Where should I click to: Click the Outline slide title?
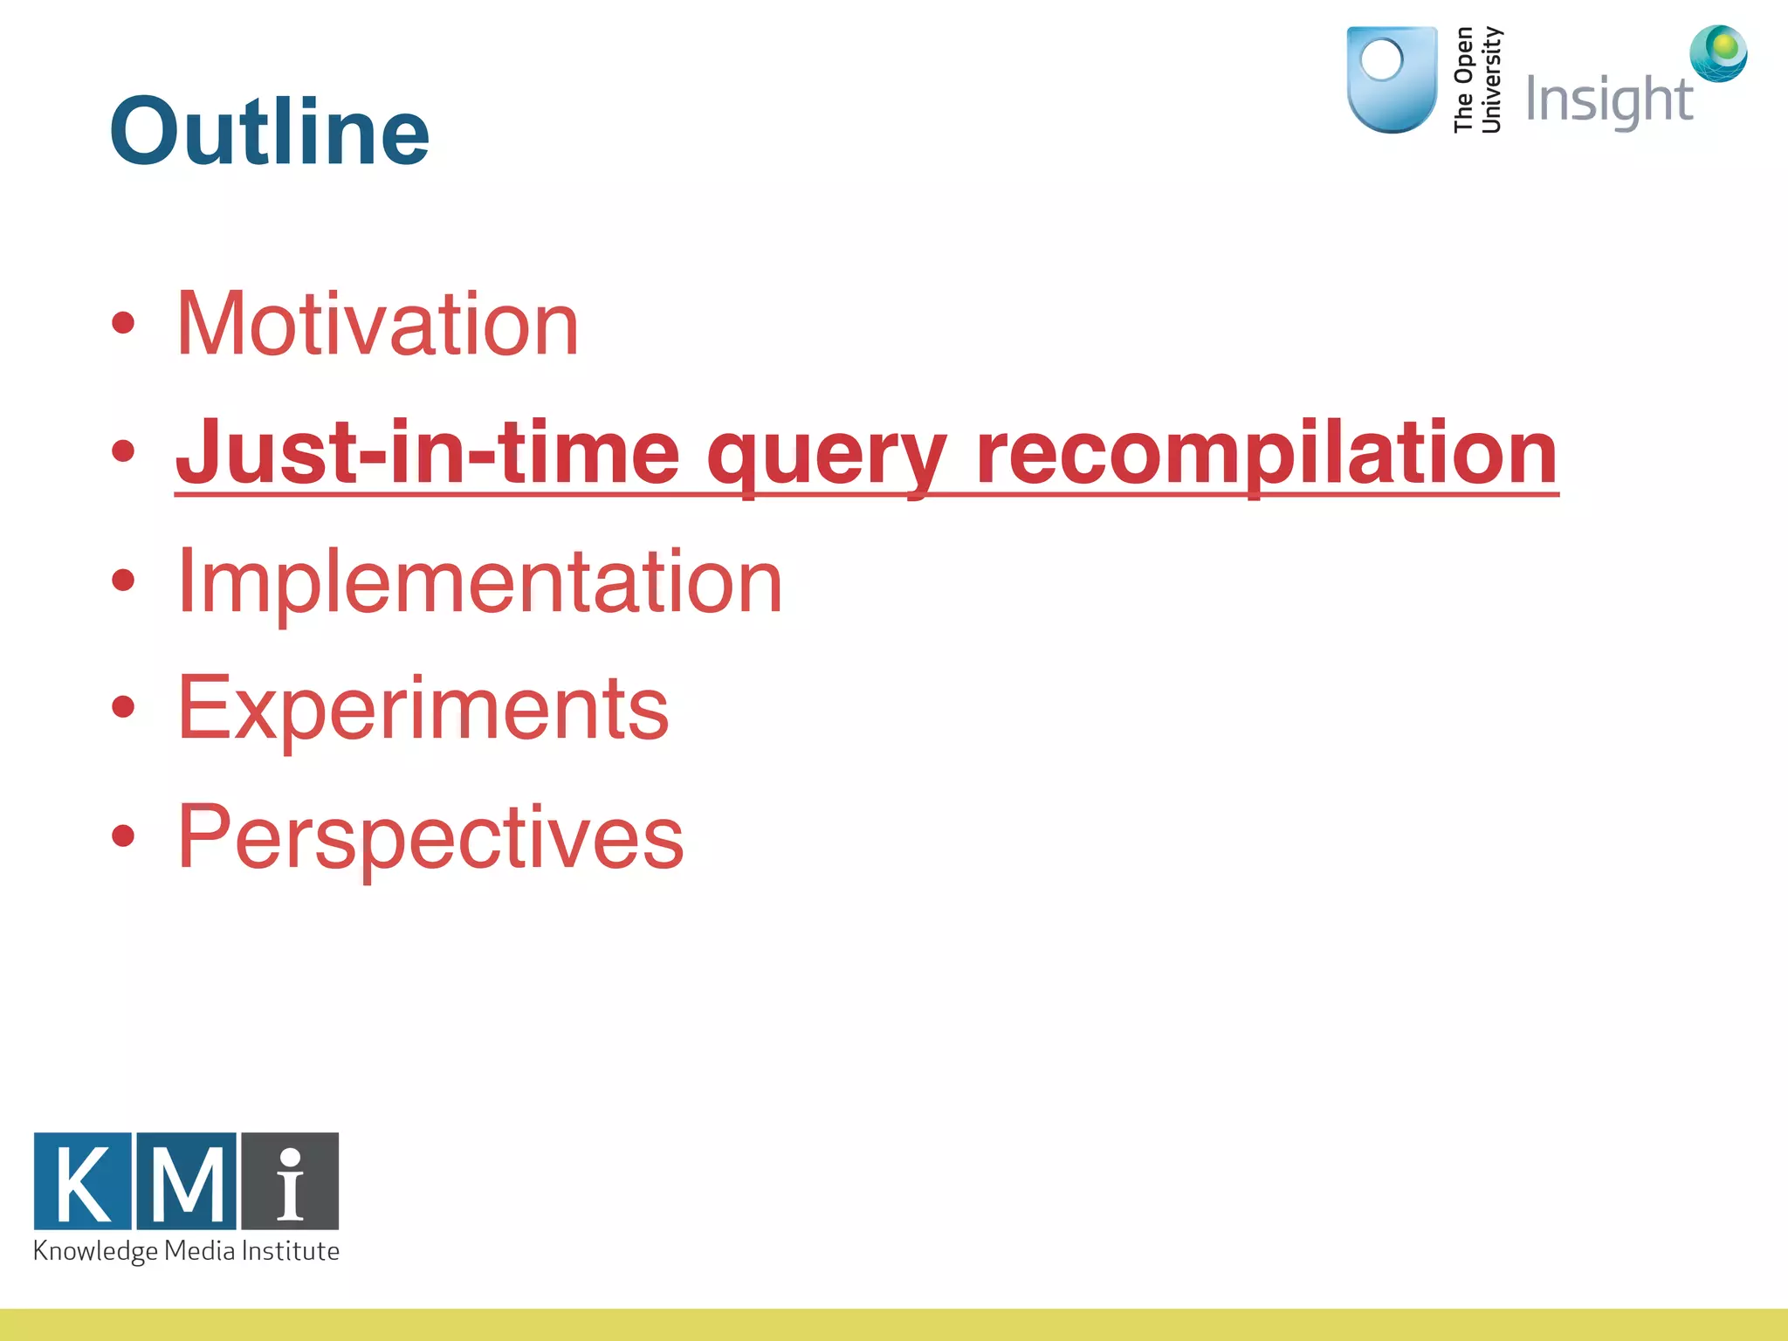[x=269, y=131]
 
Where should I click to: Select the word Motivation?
[x=377, y=324]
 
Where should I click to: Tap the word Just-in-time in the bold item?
[x=427, y=452]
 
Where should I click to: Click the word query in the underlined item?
[x=826, y=456]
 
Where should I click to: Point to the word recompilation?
[x=1266, y=454]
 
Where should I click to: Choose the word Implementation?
[x=479, y=581]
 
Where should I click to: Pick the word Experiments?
[x=423, y=709]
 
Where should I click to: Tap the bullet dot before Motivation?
[x=123, y=323]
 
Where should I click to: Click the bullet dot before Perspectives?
[x=123, y=836]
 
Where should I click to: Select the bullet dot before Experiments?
[x=123, y=707]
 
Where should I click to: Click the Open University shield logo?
[x=1392, y=80]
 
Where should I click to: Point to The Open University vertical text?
[x=1477, y=80]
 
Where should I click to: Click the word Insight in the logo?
[x=1608, y=100]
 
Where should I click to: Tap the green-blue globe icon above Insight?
[x=1718, y=52]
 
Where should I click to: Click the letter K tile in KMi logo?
[x=83, y=1180]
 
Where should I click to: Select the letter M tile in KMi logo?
[x=186, y=1180]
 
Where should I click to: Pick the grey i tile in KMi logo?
[x=290, y=1180]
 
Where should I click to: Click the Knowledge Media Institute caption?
[x=186, y=1251]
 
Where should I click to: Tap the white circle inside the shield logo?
[x=1381, y=60]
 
